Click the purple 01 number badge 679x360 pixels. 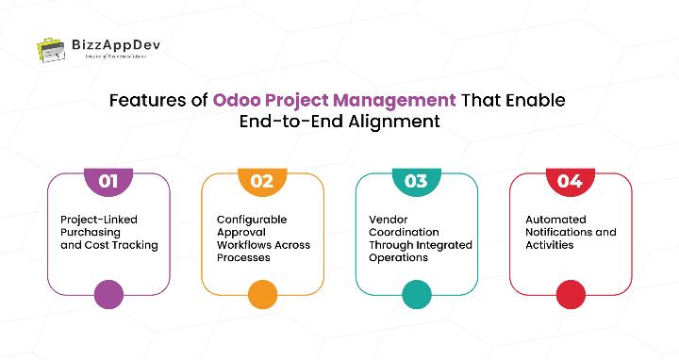(x=108, y=181)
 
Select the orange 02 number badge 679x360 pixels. (x=262, y=181)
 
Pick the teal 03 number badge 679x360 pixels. (x=416, y=181)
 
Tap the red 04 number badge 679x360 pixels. (x=570, y=181)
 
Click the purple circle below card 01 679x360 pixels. (x=108, y=294)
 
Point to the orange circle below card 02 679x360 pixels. (x=262, y=294)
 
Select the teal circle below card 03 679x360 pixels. (x=416, y=294)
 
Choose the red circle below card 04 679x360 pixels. (x=570, y=294)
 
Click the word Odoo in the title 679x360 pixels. (x=237, y=100)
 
